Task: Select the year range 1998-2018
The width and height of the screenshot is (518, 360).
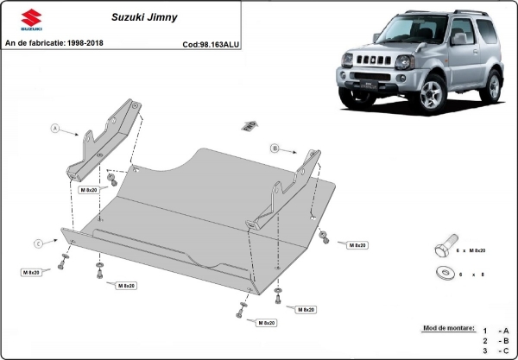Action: tap(85, 43)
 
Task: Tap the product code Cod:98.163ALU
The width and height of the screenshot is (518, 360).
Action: tap(211, 43)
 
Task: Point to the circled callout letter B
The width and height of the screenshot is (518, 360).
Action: tap(275, 148)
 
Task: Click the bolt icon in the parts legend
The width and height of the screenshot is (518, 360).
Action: tap(443, 249)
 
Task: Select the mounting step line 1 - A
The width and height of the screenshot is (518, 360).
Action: tap(496, 331)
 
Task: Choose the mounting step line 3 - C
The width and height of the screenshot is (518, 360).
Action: tap(496, 351)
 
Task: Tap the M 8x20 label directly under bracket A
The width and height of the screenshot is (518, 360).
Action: tap(90, 188)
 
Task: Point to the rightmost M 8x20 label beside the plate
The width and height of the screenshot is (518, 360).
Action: tap(357, 245)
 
